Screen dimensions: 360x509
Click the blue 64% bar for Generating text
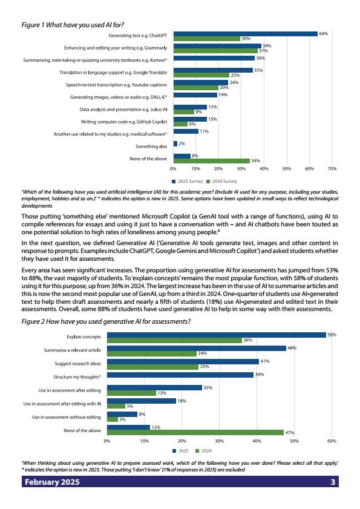tap(246, 34)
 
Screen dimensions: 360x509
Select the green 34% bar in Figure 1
tap(212, 161)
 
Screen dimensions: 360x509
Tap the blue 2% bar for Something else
tap(175, 143)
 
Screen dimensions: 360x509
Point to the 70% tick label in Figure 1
tap(332, 169)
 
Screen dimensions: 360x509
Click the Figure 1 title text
tap(73, 25)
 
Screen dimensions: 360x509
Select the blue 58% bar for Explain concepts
tap(217, 335)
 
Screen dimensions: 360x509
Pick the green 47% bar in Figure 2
tap(195, 432)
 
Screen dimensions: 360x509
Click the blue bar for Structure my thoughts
tap(180, 375)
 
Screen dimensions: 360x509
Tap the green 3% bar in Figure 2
tap(113, 419)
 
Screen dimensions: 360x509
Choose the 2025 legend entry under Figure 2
tap(180, 451)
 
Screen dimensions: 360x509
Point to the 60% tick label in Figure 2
tap(332, 441)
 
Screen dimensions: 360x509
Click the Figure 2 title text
tap(106, 322)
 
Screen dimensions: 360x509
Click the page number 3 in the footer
tap(333, 482)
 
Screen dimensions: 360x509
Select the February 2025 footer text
tap(52, 482)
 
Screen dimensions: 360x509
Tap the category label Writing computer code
tap(124, 122)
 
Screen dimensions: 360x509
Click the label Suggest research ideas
tap(78, 364)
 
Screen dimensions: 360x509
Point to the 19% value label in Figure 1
tap(223, 95)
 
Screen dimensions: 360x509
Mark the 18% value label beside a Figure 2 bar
tap(182, 401)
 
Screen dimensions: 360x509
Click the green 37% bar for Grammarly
tap(215, 51)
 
